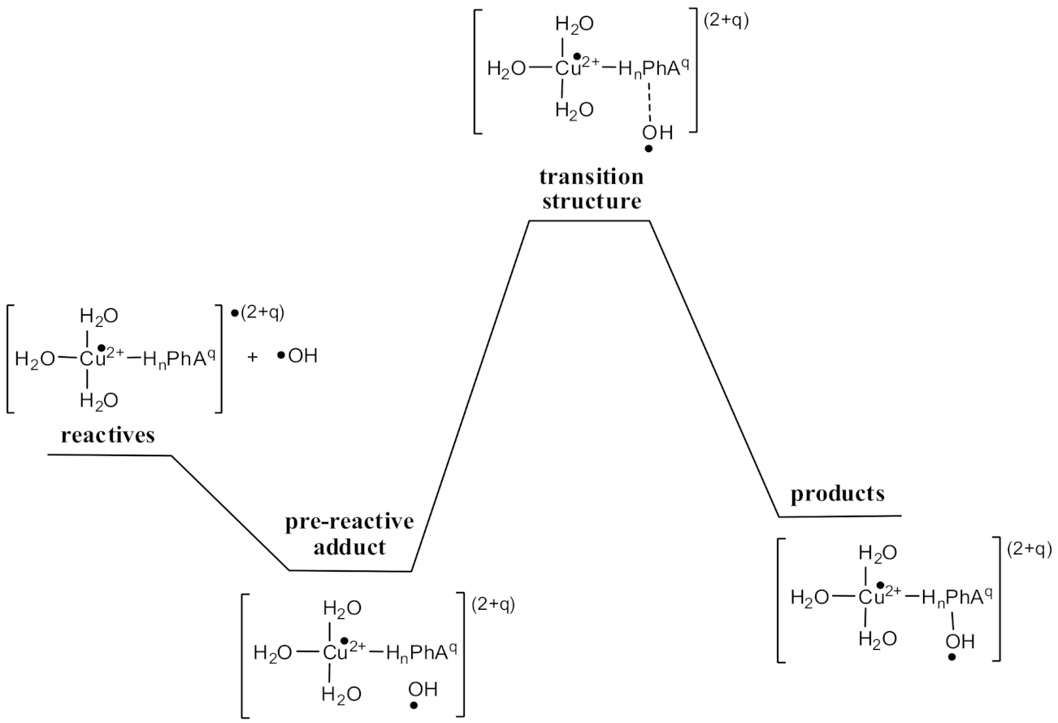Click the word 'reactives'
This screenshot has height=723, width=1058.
(108, 435)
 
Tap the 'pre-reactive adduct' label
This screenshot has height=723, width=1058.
(349, 534)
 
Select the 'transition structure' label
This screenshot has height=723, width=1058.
(591, 189)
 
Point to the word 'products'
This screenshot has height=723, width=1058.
(838, 494)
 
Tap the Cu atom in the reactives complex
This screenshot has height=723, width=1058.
(93, 359)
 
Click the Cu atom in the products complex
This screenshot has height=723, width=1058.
(872, 597)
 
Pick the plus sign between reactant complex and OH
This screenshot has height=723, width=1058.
(252, 356)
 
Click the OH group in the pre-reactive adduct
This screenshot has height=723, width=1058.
(423, 690)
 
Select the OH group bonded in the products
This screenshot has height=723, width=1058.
(959, 642)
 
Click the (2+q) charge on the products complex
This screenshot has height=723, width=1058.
(1029, 549)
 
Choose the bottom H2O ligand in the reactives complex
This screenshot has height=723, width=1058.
(98, 400)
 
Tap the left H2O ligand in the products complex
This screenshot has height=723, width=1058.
(809, 598)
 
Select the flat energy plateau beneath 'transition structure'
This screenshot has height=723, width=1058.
(589, 220)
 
